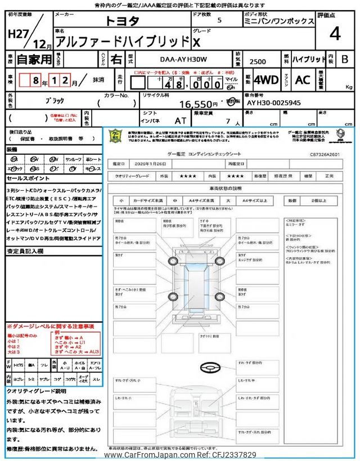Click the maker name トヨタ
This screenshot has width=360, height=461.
[123, 21]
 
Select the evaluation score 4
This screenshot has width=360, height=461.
[335, 34]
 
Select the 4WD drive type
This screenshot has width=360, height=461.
[266, 80]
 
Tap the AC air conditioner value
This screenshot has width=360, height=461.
[302, 80]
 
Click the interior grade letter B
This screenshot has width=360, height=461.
[344, 58]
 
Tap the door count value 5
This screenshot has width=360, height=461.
[219, 21]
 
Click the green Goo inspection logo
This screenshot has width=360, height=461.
[115, 137]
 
